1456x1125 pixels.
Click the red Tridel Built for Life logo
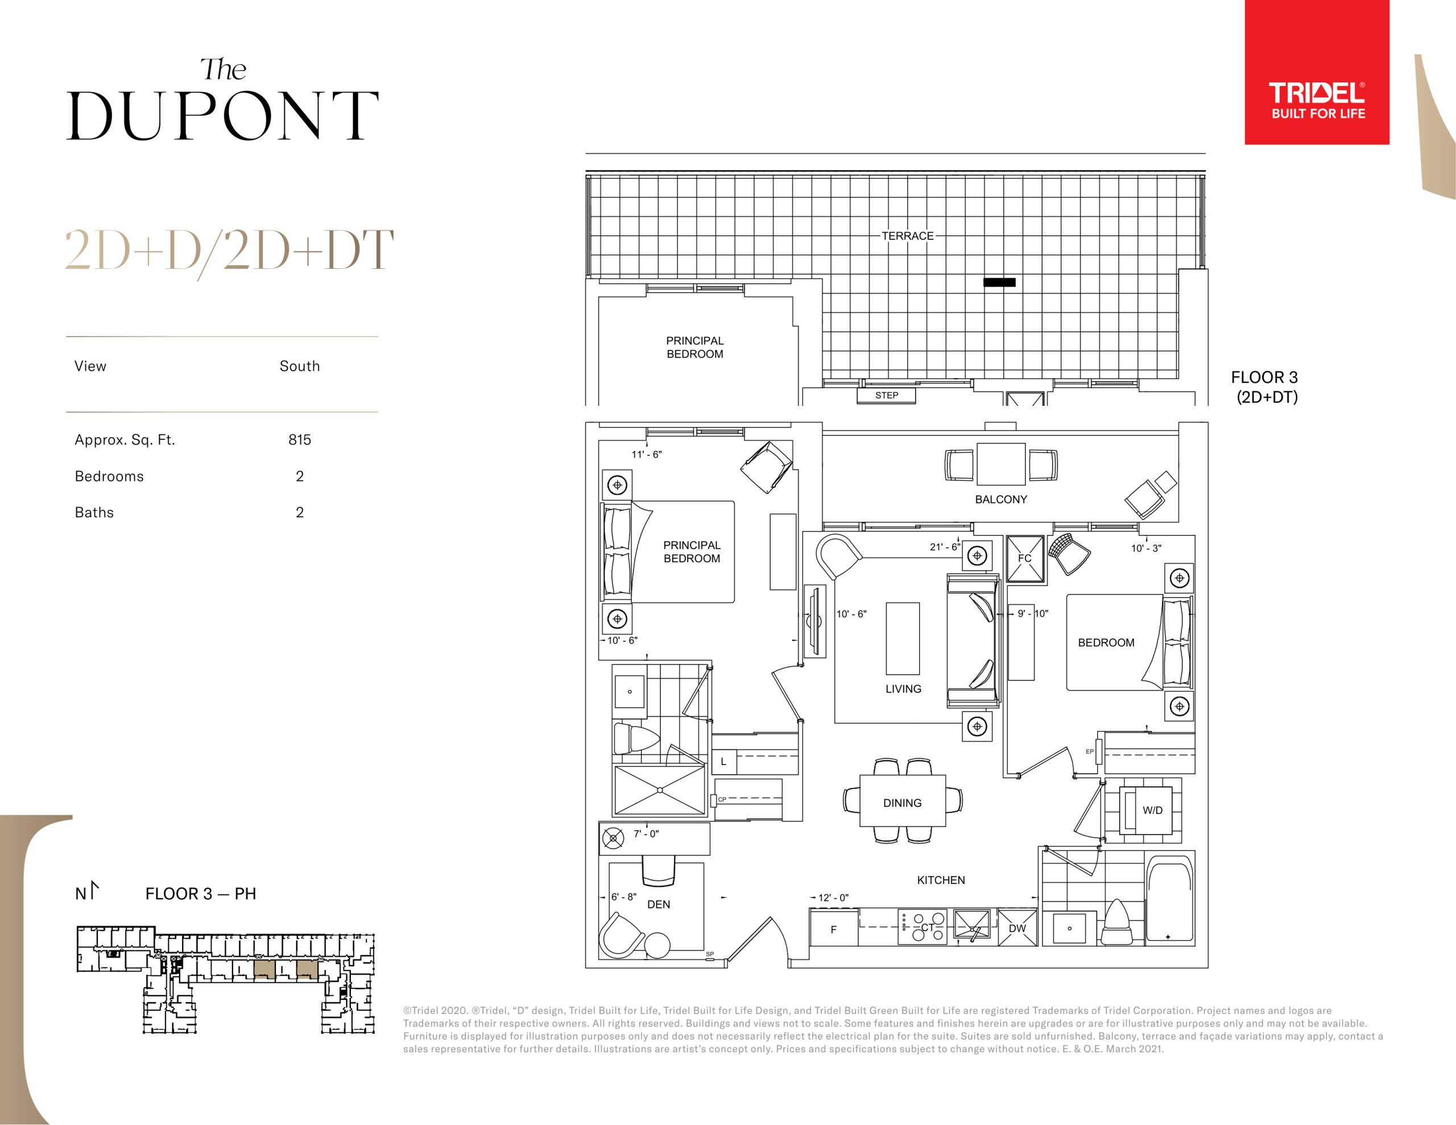point(1317,72)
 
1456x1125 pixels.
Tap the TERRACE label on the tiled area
point(907,236)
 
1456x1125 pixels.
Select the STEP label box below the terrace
point(886,395)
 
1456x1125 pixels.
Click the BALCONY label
point(1000,499)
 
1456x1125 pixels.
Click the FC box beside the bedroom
point(1025,558)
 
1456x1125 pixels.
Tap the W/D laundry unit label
point(1153,811)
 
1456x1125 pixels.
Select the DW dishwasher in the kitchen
point(1017,928)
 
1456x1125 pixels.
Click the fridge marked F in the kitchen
point(833,929)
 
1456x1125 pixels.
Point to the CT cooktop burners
point(922,927)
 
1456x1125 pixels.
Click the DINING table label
point(902,803)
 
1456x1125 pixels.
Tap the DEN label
point(659,904)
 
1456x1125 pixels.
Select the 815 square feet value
point(299,440)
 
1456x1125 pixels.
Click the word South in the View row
point(299,366)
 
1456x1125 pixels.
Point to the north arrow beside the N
point(93,890)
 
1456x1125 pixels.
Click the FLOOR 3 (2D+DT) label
point(1265,387)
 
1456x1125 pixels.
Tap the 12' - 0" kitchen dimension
point(833,898)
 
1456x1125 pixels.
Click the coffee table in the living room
point(903,638)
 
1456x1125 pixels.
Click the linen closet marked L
point(723,762)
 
